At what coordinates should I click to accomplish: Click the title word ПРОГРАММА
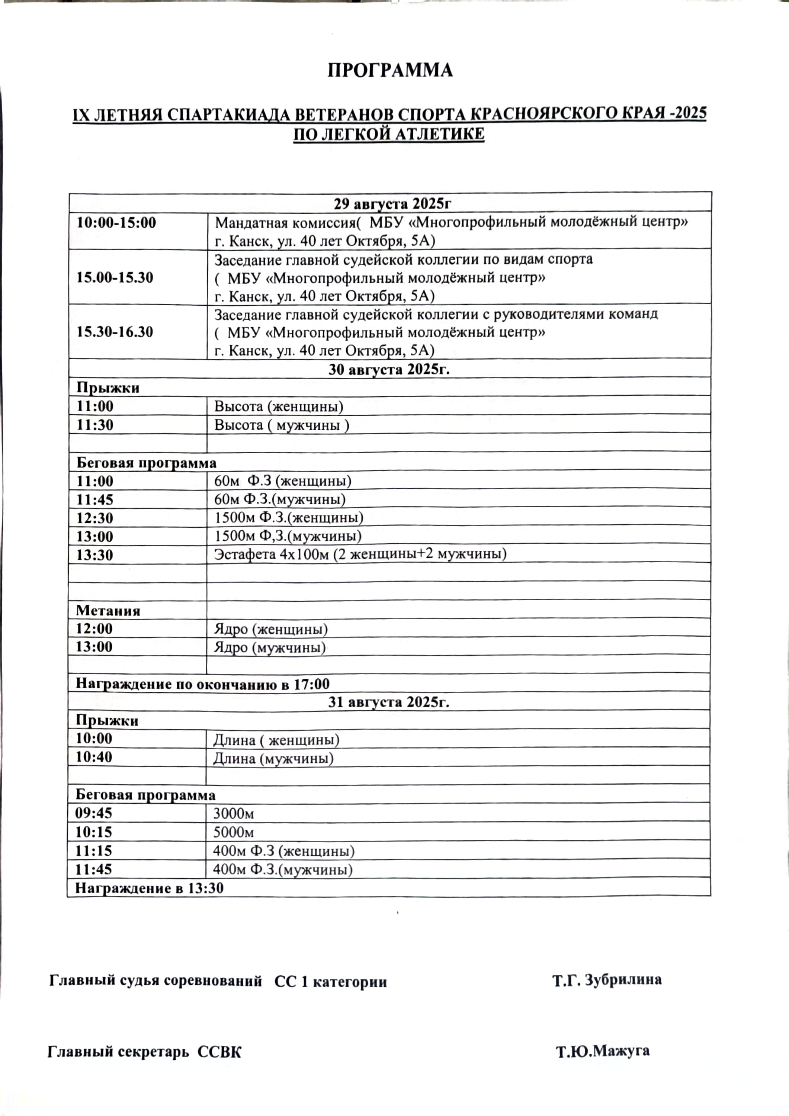pos(390,71)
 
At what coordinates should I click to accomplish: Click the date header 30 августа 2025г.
pos(389,369)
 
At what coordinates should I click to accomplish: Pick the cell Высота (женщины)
pos(279,406)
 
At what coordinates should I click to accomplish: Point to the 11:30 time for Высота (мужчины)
pos(95,425)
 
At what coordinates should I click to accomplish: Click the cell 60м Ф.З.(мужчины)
pos(280,499)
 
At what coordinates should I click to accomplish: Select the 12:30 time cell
pos(95,518)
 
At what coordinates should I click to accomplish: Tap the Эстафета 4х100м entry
pos(360,554)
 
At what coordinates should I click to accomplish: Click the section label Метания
pos(108,611)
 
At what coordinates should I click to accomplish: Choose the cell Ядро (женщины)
pos(271,630)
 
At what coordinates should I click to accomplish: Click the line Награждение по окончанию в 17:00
pos(202,684)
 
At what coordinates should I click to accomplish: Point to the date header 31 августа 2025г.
pos(388,702)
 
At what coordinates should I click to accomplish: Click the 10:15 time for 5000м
pos(93,832)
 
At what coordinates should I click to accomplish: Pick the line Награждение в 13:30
pos(149,888)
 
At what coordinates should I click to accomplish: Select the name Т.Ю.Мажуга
pos(602,1051)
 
